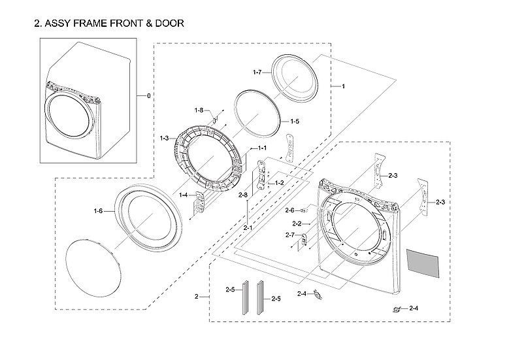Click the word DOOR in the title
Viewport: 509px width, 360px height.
168,24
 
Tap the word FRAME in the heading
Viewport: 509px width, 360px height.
93,24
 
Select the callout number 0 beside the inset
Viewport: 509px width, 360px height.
148,96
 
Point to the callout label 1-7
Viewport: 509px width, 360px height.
257,71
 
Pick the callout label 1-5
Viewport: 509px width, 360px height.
295,122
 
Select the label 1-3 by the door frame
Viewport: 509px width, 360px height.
164,139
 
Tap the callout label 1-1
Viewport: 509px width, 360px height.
262,148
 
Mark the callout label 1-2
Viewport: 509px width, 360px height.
279,182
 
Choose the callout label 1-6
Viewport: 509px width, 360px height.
98,210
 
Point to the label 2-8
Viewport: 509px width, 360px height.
242,195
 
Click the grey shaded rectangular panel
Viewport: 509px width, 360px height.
423,261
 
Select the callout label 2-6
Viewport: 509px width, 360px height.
289,210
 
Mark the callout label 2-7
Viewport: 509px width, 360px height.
290,235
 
